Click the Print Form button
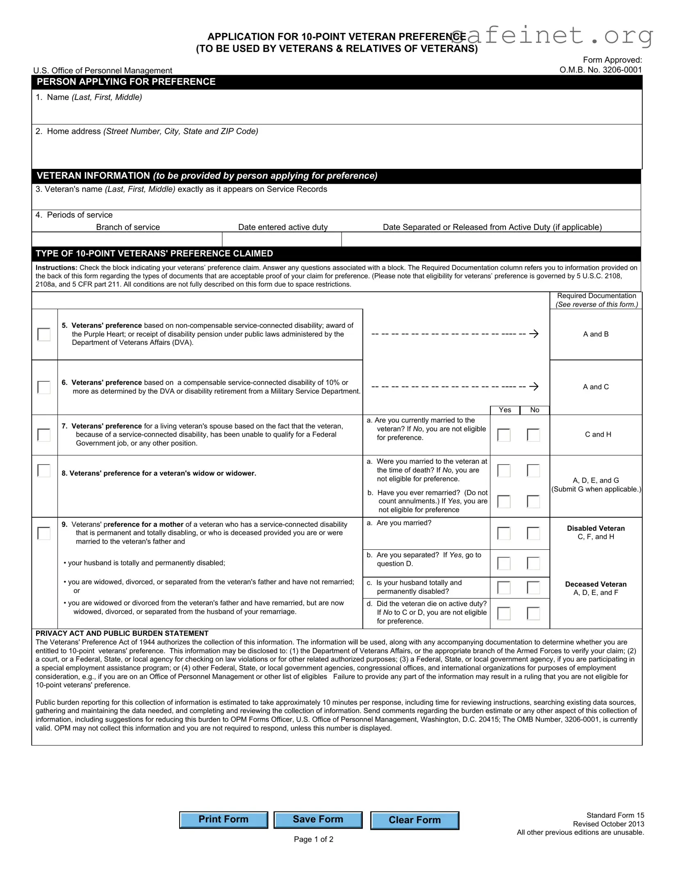point(223,820)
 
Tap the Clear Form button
point(414,820)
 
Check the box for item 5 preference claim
point(44,334)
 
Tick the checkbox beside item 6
point(44,387)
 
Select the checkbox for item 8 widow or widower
point(44,470)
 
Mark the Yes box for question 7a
point(504,435)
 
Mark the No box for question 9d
point(533,613)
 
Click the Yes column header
point(505,410)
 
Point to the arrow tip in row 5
point(537,334)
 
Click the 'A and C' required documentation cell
point(596,387)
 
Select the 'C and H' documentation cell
point(597,434)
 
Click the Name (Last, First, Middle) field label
point(94,97)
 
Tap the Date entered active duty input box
point(282,239)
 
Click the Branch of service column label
point(128,227)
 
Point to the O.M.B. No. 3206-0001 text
point(600,70)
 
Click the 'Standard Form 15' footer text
point(615,815)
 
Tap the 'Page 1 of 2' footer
point(313,839)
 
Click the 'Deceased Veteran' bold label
point(596,584)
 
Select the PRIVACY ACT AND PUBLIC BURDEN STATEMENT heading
point(122,633)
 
